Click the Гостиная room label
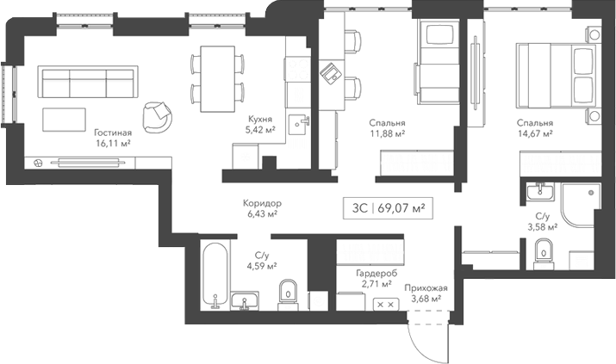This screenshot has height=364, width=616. point(113,133)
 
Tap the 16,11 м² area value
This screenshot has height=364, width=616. point(113,145)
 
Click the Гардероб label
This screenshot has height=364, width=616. point(376,272)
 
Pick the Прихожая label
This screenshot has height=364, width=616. point(424,288)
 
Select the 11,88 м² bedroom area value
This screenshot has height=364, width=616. point(387,133)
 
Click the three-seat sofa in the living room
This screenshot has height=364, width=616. point(87,83)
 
